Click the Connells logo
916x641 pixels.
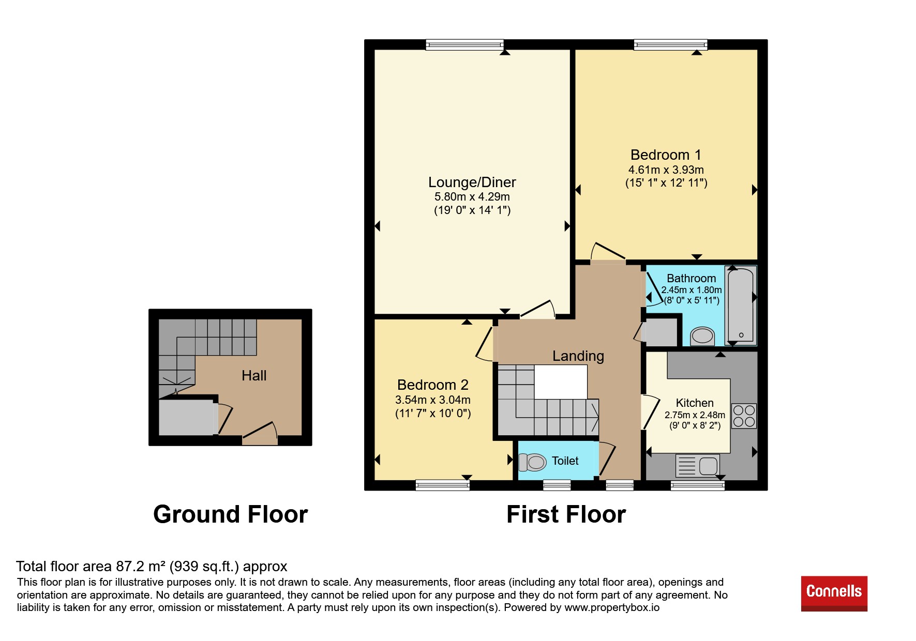click(834, 593)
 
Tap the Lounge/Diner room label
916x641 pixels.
click(472, 182)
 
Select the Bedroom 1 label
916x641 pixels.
click(666, 155)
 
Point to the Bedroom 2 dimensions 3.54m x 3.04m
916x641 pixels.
click(433, 400)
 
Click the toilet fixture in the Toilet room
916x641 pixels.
click(532, 462)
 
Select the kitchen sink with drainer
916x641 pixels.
click(697, 466)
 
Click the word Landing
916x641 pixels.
click(578, 356)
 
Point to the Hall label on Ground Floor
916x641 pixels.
click(254, 375)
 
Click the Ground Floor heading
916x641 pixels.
click(231, 514)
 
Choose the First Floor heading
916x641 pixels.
click(566, 514)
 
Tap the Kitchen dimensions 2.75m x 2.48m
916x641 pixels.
click(695, 415)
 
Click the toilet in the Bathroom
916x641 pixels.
click(703, 336)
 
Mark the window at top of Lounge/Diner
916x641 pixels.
click(464, 45)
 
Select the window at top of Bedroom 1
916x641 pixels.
click(671, 45)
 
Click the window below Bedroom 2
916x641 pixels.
click(442, 485)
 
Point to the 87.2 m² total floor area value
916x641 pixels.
click(140, 567)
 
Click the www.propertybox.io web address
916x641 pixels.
click(612, 607)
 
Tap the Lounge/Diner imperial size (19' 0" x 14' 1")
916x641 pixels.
click(472, 210)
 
